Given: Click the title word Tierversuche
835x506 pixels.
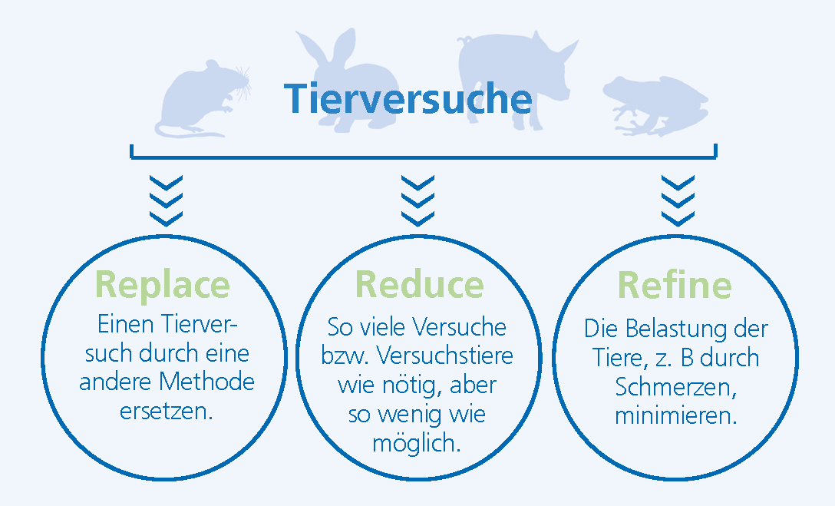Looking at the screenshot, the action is point(408,98).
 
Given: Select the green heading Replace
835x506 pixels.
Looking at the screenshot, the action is point(163,286).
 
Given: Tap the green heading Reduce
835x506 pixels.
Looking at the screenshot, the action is point(420,284).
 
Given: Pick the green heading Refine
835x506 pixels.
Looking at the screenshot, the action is point(675,284).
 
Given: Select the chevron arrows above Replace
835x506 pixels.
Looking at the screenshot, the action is point(166,201).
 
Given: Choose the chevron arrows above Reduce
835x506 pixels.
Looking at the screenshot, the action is point(417,201).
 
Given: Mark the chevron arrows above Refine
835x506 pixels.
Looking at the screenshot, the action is point(678,201).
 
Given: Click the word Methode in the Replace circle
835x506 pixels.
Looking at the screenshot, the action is point(206,382).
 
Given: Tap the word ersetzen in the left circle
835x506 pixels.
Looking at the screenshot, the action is point(166,412).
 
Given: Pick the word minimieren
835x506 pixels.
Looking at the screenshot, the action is point(676,415).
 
